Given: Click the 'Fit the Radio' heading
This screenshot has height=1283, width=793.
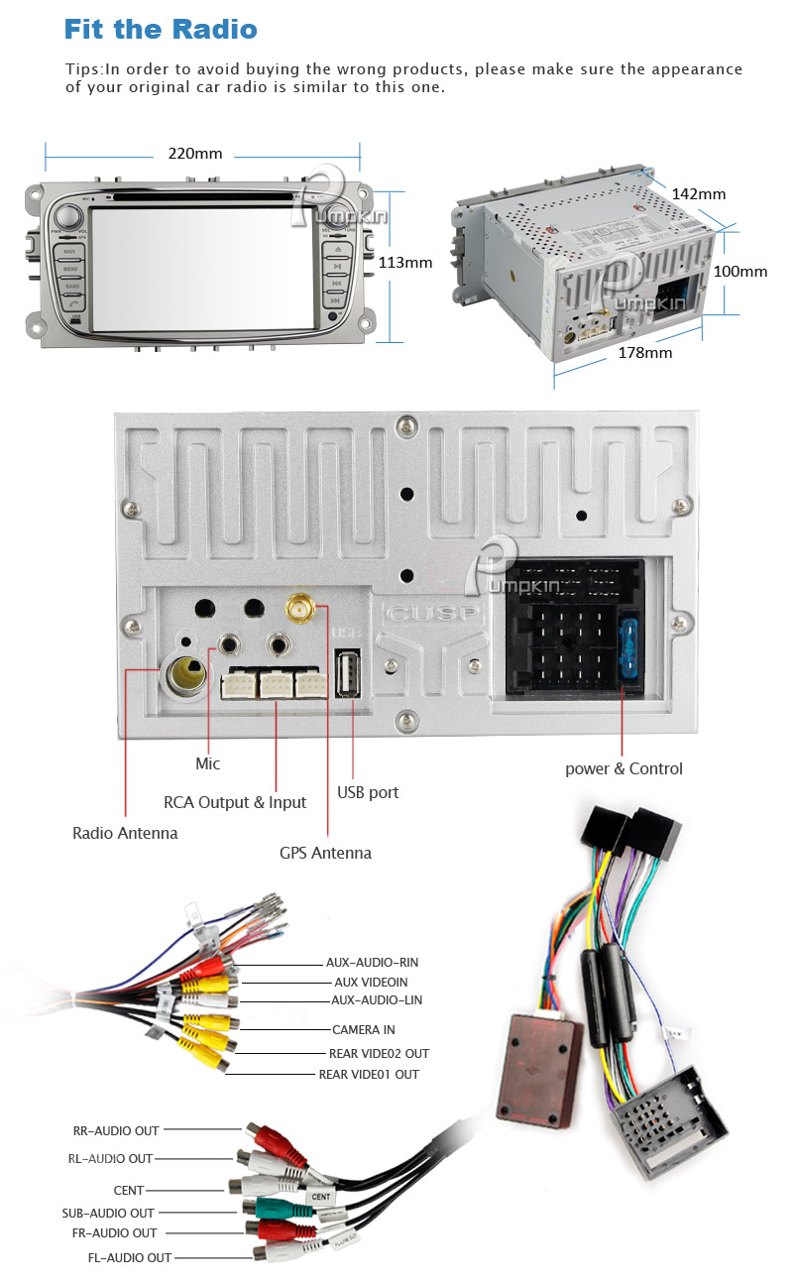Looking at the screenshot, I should pyautogui.click(x=161, y=29).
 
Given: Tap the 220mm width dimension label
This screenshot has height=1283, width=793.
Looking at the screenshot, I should pyautogui.click(x=195, y=154).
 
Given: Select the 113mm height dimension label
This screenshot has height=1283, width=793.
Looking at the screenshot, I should pyautogui.click(x=405, y=263).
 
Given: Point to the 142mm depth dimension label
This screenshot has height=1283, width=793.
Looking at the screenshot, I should pyautogui.click(x=699, y=194).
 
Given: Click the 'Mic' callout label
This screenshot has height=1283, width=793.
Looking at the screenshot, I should pyautogui.click(x=208, y=763).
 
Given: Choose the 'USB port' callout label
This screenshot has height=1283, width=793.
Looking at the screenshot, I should pyautogui.click(x=368, y=792).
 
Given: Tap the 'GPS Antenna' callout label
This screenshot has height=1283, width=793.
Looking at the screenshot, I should pyautogui.click(x=325, y=853).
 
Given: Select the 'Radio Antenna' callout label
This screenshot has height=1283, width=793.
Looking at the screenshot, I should pyautogui.click(x=125, y=833).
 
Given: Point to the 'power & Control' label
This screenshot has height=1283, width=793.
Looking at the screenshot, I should pyautogui.click(x=623, y=768).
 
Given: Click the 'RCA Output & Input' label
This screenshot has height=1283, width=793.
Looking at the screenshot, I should pyautogui.click(x=235, y=802).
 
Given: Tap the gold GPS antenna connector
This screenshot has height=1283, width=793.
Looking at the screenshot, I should pyautogui.click(x=297, y=606).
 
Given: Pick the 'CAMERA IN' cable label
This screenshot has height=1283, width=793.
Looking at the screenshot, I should pyautogui.click(x=363, y=1030).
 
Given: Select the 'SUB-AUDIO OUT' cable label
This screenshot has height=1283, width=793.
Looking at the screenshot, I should pyautogui.click(x=108, y=1213).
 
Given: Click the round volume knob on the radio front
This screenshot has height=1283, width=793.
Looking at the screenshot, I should pyautogui.click(x=68, y=217).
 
